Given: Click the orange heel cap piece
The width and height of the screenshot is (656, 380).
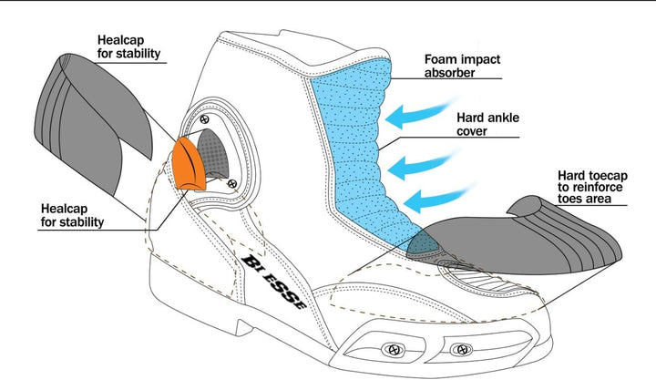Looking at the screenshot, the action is (x=189, y=165).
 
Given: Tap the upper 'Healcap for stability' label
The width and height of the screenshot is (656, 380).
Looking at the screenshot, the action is (x=128, y=46).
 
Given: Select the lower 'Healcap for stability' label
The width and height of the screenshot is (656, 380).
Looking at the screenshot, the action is (x=72, y=215).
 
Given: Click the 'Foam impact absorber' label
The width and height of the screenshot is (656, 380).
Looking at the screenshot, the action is (x=462, y=66).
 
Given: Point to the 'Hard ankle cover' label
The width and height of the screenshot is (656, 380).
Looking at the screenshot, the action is (x=487, y=124).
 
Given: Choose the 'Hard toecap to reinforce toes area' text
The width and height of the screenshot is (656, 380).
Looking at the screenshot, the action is (x=592, y=187).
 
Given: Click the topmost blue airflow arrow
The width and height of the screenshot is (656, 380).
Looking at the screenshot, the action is (x=420, y=113).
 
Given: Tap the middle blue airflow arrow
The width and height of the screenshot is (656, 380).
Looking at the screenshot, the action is (x=422, y=164).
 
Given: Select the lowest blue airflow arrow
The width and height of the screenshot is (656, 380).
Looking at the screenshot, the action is (x=438, y=199).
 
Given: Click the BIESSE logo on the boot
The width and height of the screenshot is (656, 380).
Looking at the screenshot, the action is (x=274, y=282).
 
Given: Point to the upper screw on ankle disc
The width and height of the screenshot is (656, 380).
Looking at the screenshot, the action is (x=204, y=119).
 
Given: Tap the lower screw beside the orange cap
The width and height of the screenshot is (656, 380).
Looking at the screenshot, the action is (x=232, y=183).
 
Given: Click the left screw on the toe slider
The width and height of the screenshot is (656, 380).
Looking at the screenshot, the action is (x=393, y=349).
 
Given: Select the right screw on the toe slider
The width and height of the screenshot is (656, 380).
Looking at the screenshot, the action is (x=461, y=349).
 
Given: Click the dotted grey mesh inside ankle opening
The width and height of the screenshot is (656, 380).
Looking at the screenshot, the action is (x=212, y=152).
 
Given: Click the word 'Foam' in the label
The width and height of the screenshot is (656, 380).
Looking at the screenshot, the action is (x=439, y=59).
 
